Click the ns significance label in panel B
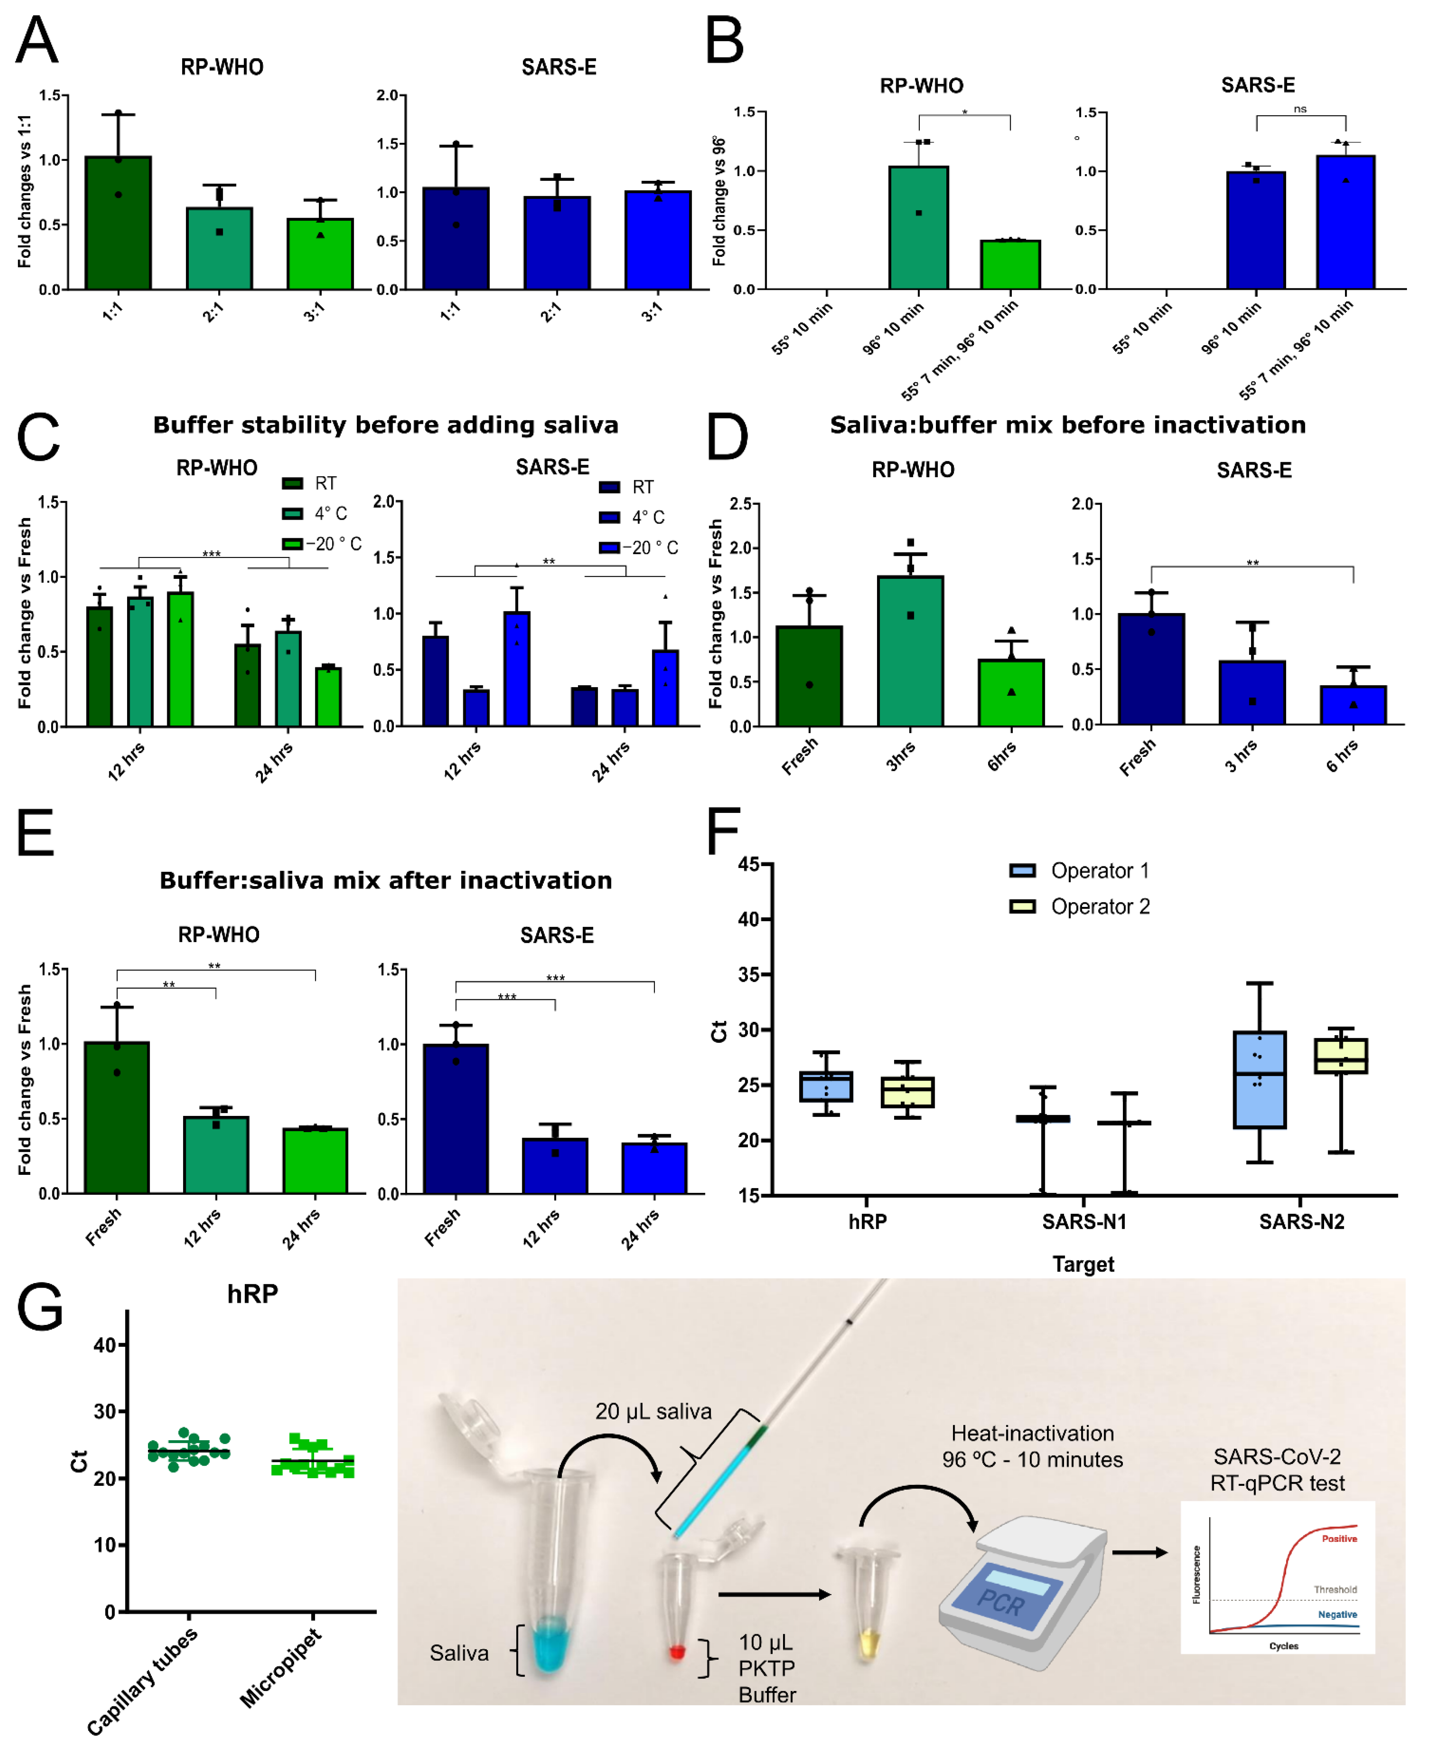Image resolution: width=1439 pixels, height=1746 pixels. click(1300, 109)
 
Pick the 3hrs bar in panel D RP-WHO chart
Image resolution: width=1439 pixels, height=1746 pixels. click(910, 651)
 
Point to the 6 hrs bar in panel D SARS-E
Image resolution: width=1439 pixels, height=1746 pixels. click(1353, 705)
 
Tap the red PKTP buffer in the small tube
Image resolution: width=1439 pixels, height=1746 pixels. click(677, 1652)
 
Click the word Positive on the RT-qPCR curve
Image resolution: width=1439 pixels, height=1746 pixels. click(1339, 1539)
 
